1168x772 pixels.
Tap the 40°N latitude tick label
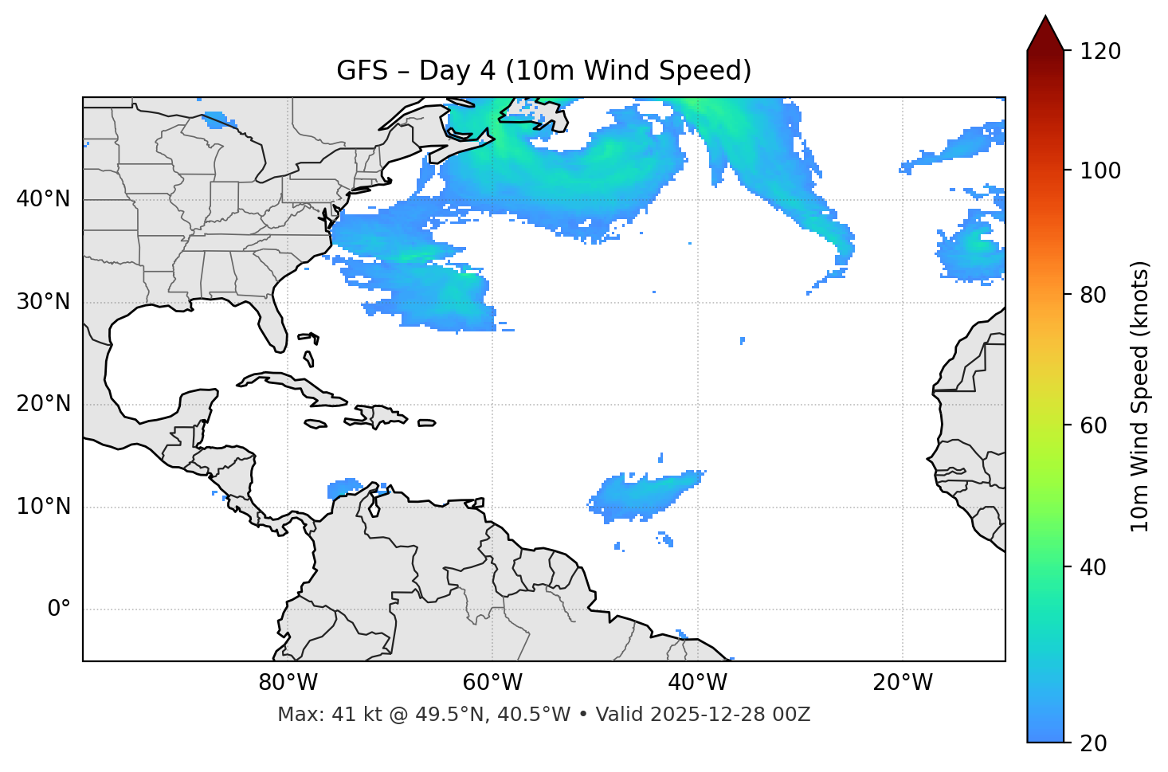43,199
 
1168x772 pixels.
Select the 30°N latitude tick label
43,302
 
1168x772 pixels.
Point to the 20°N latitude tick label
43,404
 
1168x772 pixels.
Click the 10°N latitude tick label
43,507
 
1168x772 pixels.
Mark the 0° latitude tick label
59,609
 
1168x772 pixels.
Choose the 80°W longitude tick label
288,683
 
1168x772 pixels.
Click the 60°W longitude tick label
492,683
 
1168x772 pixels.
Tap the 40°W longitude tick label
697,683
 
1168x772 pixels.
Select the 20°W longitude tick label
902,683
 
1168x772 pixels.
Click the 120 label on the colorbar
1100,52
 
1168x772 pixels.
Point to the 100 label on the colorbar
1100,170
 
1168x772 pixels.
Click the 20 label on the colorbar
1092,743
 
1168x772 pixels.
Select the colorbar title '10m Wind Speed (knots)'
1140,396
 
